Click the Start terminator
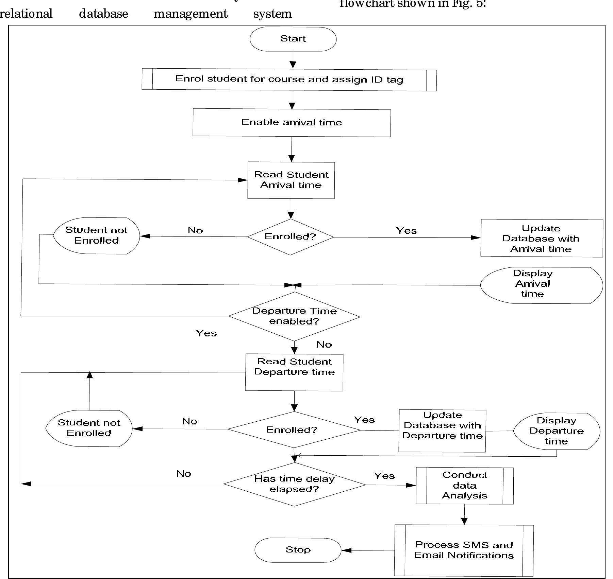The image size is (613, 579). click(x=293, y=39)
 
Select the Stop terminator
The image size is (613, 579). click(x=298, y=550)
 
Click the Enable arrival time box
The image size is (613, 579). click(x=292, y=123)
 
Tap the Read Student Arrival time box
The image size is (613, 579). click(x=291, y=180)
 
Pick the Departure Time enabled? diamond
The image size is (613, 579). click(x=294, y=316)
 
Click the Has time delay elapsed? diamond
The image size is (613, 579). click(x=294, y=484)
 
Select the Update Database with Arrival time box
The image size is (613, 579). click(x=541, y=238)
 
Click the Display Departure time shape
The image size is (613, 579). click(x=556, y=431)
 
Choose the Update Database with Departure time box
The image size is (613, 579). click(x=442, y=431)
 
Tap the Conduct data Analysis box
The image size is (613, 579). click(x=464, y=486)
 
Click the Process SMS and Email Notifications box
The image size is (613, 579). click(x=464, y=550)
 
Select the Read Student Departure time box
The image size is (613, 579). click(x=294, y=372)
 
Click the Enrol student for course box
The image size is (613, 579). click(x=289, y=80)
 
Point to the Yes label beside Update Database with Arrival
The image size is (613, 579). click(x=406, y=231)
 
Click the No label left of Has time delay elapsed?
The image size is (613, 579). click(x=184, y=474)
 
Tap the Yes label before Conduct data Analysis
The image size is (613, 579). click(x=384, y=476)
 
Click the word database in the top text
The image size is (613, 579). click(x=103, y=14)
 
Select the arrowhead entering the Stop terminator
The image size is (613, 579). click(x=346, y=550)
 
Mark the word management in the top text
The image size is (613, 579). click(x=190, y=14)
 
